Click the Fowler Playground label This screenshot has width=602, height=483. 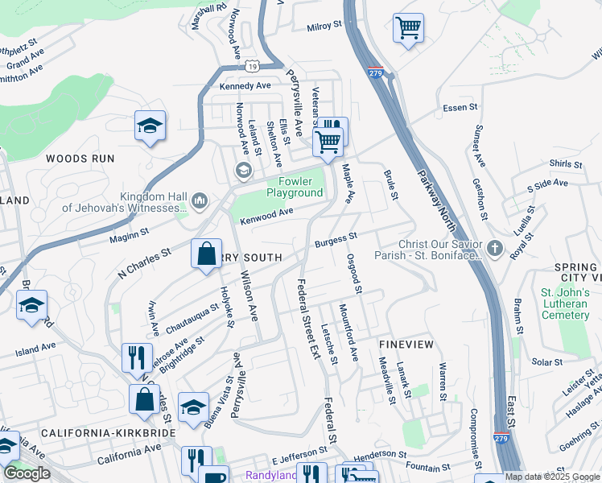coord(295,188)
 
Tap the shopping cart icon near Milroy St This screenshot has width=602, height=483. coord(408,28)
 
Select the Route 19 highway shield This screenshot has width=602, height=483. coord(253,63)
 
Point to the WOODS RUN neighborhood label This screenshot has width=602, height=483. coord(80,159)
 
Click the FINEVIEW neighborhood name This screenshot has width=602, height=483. coord(406,344)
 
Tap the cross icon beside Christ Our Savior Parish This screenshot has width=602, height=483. coord(494,250)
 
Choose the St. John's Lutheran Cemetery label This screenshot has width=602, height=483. coord(565,303)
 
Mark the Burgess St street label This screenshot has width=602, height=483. coord(336,239)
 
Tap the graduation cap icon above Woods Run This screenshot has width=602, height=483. coord(150,126)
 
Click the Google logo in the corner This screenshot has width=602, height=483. coord(27,473)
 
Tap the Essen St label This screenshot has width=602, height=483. coord(460,107)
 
